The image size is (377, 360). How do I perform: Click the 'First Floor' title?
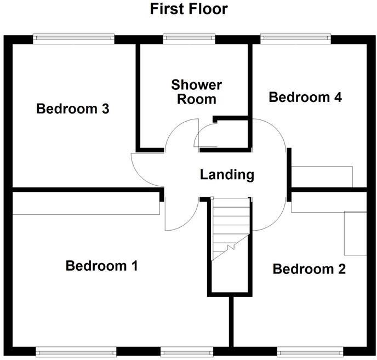coord(188,9)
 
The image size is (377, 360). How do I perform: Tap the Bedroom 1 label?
coord(101,266)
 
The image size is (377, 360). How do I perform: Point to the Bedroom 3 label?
coord(73,109)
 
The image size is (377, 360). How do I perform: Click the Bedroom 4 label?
coord(305,98)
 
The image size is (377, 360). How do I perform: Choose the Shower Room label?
coord(196,92)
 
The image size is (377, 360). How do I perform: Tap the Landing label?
coord(227,175)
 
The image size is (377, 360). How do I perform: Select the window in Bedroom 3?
coord(73,38)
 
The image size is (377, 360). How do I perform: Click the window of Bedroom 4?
coord(296,38)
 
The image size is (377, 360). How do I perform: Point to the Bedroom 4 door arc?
coord(274,132)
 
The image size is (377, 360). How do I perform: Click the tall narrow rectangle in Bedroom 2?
coord(355,233)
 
